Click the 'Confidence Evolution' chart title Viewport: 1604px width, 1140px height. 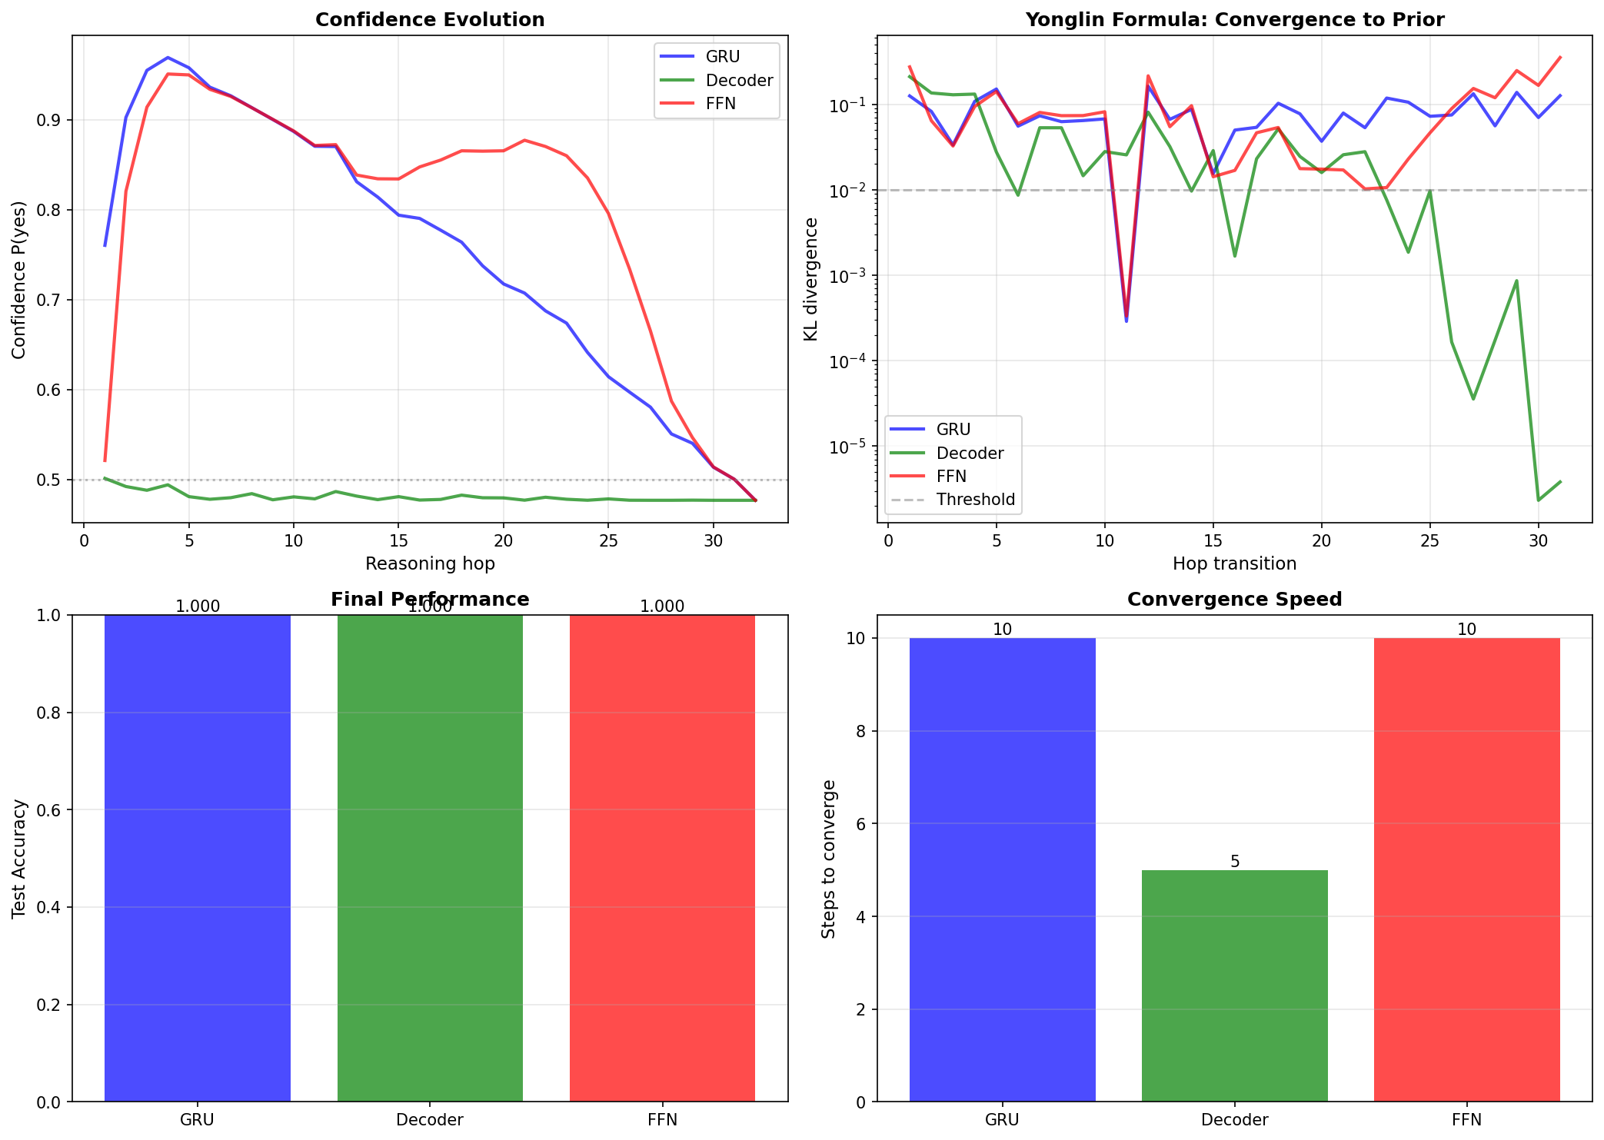(x=430, y=20)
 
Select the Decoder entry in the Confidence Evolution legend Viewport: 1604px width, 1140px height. (x=739, y=81)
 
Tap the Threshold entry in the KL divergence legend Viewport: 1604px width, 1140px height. (x=975, y=500)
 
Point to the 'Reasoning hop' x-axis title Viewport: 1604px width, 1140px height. (x=430, y=564)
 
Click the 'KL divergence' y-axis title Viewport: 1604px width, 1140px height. (x=810, y=279)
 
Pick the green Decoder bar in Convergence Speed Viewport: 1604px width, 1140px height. (x=1234, y=985)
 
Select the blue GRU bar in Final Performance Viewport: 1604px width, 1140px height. (x=198, y=858)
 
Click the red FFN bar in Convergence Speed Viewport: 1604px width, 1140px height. (x=1466, y=869)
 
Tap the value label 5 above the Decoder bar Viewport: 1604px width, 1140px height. (x=1235, y=862)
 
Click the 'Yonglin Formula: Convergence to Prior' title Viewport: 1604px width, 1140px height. (x=1234, y=20)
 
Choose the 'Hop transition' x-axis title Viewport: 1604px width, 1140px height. (x=1234, y=564)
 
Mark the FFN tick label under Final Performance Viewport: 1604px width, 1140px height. (x=662, y=1120)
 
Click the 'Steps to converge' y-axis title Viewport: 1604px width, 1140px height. (x=828, y=859)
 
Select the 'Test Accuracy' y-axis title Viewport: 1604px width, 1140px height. (x=19, y=859)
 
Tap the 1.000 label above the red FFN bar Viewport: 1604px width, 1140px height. (x=662, y=607)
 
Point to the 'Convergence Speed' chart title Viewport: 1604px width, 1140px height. (x=1234, y=600)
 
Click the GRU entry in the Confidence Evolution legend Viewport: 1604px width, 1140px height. (x=722, y=57)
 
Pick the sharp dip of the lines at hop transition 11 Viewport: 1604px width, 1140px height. (x=1126, y=319)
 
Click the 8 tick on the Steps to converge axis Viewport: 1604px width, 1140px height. (x=860, y=731)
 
